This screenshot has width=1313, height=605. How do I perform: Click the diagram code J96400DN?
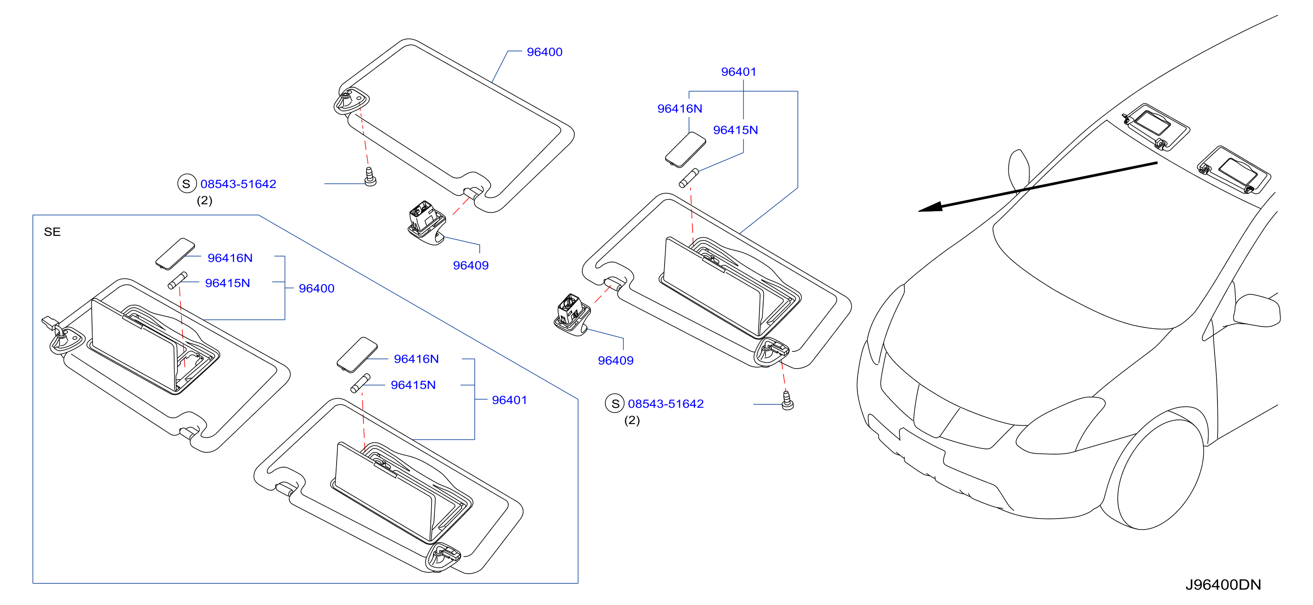click(x=1223, y=585)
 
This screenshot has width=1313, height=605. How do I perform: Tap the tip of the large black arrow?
click(x=919, y=210)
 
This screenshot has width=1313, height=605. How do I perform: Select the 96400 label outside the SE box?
click(x=545, y=52)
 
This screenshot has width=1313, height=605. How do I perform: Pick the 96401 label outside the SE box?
click(x=739, y=72)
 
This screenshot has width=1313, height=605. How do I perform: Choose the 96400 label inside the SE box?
click(x=317, y=288)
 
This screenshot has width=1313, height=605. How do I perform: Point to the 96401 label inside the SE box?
click(x=509, y=400)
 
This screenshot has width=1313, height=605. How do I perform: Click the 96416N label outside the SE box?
click(x=680, y=108)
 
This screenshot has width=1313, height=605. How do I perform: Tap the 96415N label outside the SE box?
click(x=735, y=130)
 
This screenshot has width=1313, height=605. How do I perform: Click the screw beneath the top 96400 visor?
click(x=370, y=176)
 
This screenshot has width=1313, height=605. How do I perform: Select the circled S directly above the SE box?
click(x=186, y=183)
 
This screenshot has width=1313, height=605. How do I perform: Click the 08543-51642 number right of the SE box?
click(x=666, y=404)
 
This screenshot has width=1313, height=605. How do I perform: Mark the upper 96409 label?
click(x=470, y=265)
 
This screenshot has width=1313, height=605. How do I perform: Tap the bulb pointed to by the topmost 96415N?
click(x=689, y=178)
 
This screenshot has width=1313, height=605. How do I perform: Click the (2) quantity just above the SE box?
click(x=204, y=201)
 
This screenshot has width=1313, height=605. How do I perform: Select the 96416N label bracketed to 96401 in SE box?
click(x=416, y=359)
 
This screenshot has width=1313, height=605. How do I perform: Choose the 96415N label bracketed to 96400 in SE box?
click(x=227, y=283)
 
